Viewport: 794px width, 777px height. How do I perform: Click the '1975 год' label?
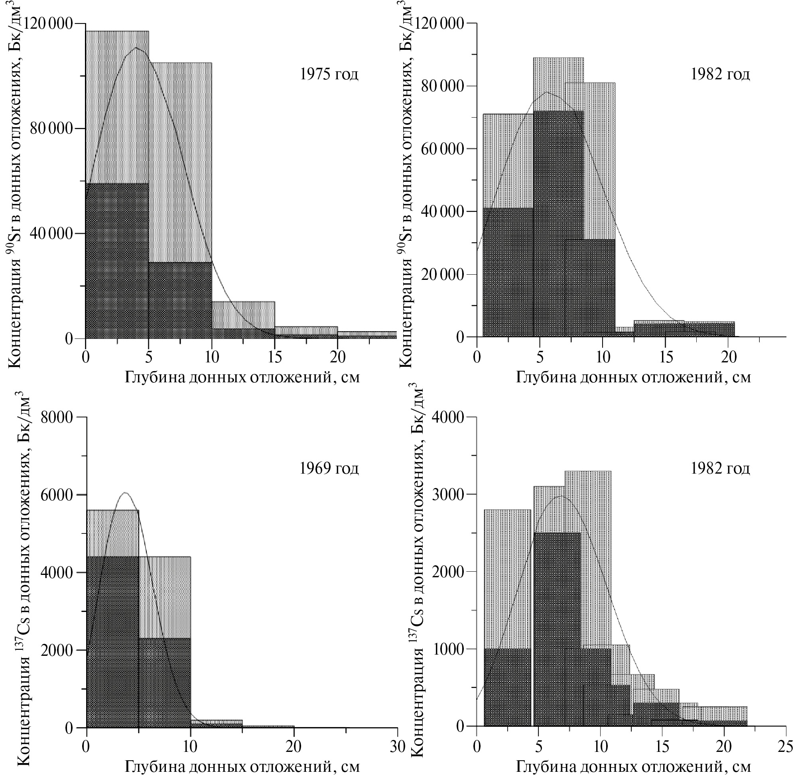pyautogui.click(x=329, y=74)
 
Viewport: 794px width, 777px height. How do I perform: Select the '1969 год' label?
pyautogui.click(x=329, y=468)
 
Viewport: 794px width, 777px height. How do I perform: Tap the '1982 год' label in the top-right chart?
pyautogui.click(x=720, y=74)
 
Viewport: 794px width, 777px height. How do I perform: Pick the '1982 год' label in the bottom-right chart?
pyautogui.click(x=720, y=468)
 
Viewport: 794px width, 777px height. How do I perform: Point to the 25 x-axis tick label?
pyautogui.click(x=786, y=746)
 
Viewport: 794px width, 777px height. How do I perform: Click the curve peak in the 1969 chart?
pyautogui.click(x=125, y=493)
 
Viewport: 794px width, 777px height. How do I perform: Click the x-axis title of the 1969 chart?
pyautogui.click(x=242, y=766)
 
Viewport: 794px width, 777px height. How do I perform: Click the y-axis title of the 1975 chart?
pyautogui.click(x=15, y=184)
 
